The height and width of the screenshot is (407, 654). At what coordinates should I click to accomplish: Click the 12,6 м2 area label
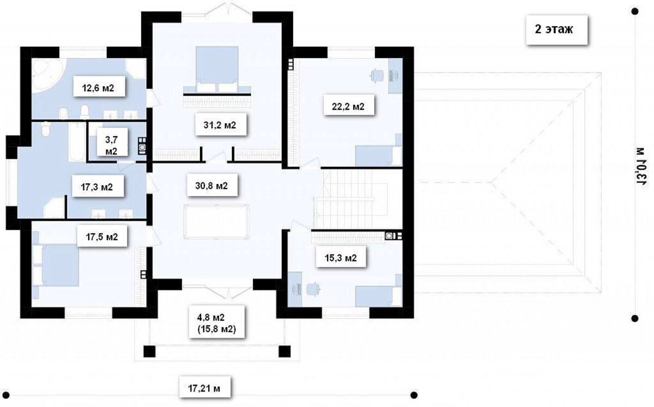coord(98,88)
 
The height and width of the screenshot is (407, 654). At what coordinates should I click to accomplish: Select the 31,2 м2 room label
coord(220,125)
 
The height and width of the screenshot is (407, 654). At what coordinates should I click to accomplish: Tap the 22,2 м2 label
coord(348,106)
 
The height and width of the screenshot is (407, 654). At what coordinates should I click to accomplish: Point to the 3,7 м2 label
coord(111,146)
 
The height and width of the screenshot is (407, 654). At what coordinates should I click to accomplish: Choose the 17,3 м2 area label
coord(96,187)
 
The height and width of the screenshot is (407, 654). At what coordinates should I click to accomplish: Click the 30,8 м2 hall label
coord(211,185)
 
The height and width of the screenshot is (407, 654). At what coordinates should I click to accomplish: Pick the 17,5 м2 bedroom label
coord(102,237)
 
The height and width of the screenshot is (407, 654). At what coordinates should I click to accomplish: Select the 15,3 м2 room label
coord(341,258)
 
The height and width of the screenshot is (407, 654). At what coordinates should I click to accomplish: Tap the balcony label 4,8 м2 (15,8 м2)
coord(217,323)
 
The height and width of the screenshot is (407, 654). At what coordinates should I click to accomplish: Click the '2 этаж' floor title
coord(554,29)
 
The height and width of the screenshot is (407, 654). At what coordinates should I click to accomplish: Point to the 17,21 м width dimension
coord(204,388)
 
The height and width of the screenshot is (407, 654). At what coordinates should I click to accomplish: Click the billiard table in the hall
coord(216,222)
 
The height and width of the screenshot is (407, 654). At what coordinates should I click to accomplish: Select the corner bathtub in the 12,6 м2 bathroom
coord(48,75)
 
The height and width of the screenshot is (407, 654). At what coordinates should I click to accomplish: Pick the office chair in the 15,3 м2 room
coord(313,289)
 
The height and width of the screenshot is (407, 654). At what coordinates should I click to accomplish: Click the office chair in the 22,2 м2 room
coord(377,76)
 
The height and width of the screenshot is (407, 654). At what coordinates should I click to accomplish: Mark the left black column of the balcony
coord(149,351)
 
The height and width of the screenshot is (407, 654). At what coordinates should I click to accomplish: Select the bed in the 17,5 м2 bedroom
coord(56,265)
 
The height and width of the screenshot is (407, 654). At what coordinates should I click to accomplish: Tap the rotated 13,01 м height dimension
coord(640,165)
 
